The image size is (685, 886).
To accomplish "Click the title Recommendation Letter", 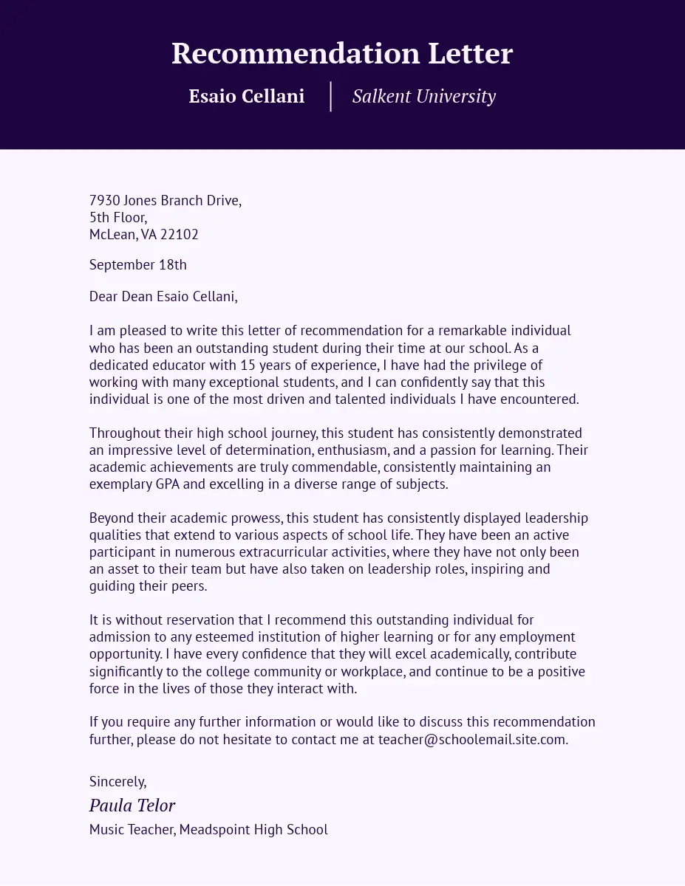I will (342, 54).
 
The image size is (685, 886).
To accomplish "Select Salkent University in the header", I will (423, 96).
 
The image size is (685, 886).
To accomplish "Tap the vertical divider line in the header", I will (330, 97).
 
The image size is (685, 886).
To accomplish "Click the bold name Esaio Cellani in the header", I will (246, 96).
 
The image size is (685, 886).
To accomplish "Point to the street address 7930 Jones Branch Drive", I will (165, 200).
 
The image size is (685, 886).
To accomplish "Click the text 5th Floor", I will (118, 217).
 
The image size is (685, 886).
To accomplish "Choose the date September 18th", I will (137, 264).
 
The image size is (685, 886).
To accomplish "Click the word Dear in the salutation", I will (104, 296).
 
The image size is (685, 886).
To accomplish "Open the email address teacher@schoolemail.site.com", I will (473, 739).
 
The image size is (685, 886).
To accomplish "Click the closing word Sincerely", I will (117, 781).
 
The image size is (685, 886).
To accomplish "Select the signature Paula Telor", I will (132, 805).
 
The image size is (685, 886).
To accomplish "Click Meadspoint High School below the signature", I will (253, 829).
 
